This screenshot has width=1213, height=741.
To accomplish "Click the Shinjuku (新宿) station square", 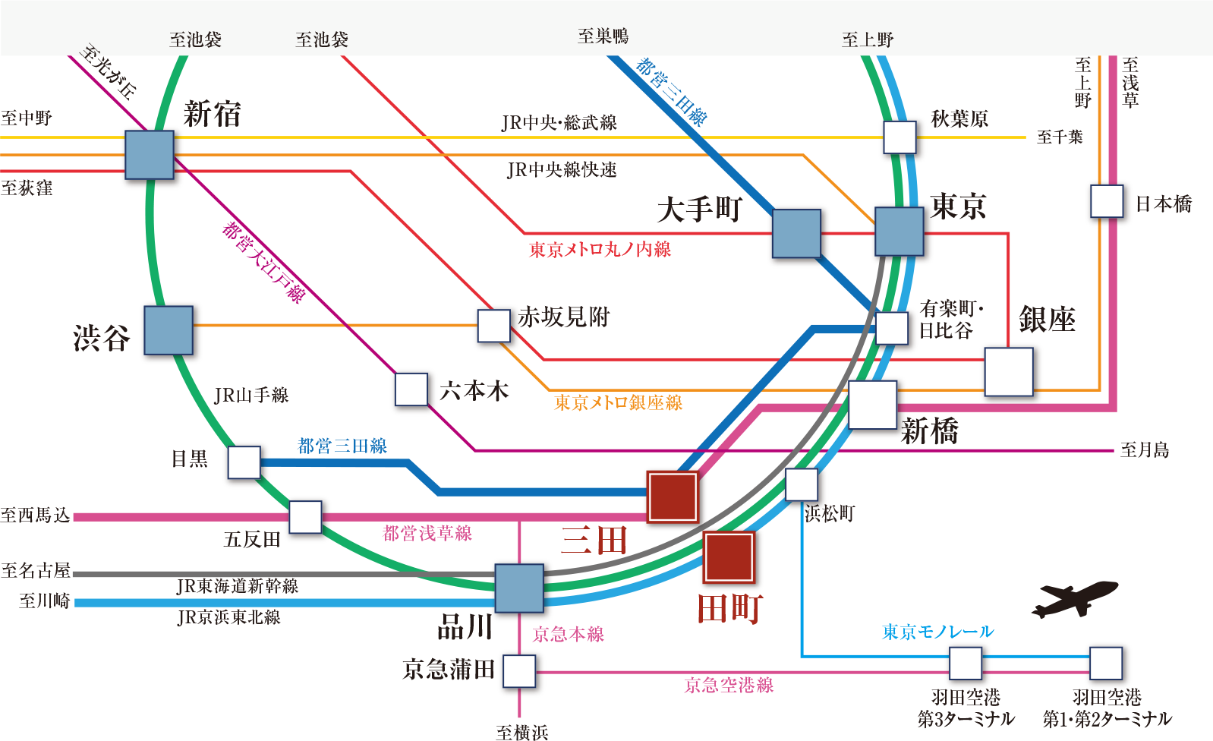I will (x=150, y=155).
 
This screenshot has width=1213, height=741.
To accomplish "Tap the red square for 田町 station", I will (x=729, y=557).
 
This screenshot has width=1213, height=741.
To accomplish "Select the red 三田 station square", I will (x=673, y=497).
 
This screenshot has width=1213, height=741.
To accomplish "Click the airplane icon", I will (x=1073, y=599).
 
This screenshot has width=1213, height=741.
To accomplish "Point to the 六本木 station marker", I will (x=411, y=389).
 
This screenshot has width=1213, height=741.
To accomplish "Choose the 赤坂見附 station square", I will (x=494, y=326).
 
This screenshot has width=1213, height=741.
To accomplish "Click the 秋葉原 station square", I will (x=900, y=137).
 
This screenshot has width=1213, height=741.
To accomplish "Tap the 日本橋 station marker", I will (x=1107, y=201).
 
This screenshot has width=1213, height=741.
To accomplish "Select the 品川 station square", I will (x=519, y=588).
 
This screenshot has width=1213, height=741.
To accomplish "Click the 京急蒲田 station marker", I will (x=519, y=671).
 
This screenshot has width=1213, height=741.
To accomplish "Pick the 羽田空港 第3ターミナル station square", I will (x=966, y=664).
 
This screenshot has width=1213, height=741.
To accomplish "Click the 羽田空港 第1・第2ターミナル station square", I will (x=1106, y=664).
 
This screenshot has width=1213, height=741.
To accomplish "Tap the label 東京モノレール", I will (x=937, y=632).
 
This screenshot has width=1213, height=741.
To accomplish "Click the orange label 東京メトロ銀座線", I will (x=618, y=402).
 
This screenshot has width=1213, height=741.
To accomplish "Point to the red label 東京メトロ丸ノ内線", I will (x=600, y=249).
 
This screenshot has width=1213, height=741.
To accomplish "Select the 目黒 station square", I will (x=244, y=462).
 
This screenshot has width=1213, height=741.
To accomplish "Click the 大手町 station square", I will (x=796, y=234).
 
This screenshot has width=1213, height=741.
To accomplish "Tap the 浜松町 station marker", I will (x=802, y=485).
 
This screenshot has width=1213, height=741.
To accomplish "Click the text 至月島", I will (x=1144, y=450).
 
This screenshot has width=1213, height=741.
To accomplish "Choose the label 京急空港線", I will (x=729, y=686).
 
